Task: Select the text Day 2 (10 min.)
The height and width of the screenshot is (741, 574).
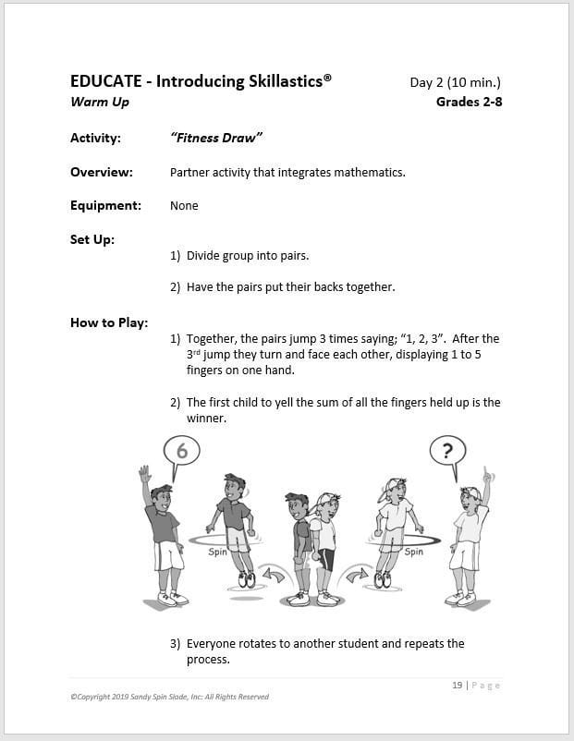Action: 456,83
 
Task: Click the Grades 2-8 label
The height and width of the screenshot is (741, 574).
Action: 469,102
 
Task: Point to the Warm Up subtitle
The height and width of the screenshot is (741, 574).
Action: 100,102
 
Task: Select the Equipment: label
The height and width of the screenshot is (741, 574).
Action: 105,205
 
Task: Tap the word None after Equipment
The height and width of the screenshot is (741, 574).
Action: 184,205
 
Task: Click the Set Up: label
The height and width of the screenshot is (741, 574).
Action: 92,239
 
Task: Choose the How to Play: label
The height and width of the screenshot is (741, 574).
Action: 108,322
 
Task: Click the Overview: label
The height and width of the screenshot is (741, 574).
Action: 102,172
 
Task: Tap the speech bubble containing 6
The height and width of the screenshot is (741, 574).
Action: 181,451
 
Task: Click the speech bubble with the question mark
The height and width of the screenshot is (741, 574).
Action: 448,451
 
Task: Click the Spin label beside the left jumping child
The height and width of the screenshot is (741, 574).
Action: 217,552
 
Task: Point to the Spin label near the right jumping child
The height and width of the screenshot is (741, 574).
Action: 414,552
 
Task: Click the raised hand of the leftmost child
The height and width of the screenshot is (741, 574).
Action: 144,474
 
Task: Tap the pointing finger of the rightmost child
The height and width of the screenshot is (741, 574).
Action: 488,477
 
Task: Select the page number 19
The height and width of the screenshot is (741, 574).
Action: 458,685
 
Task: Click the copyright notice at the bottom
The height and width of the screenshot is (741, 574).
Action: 169,697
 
